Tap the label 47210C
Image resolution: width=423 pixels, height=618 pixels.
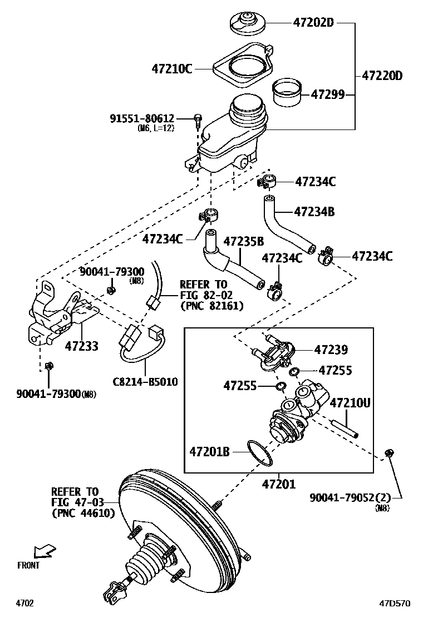coord(171,69)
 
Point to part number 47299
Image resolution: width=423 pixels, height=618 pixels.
coord(327,94)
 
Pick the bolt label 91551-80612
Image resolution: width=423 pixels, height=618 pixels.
coord(142,118)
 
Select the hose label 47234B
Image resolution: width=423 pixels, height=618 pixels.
coord(314,211)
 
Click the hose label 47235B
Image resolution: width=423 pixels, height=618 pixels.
coord(243,242)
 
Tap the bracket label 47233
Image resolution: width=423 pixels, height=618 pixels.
coord(81,346)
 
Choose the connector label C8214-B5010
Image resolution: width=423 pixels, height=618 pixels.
coord(145,382)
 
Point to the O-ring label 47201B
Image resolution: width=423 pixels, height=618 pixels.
coord(209,451)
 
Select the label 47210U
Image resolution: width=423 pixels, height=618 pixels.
coord(350,402)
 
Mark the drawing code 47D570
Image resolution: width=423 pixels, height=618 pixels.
coord(395,604)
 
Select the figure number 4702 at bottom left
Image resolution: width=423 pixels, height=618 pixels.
coord(24,604)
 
